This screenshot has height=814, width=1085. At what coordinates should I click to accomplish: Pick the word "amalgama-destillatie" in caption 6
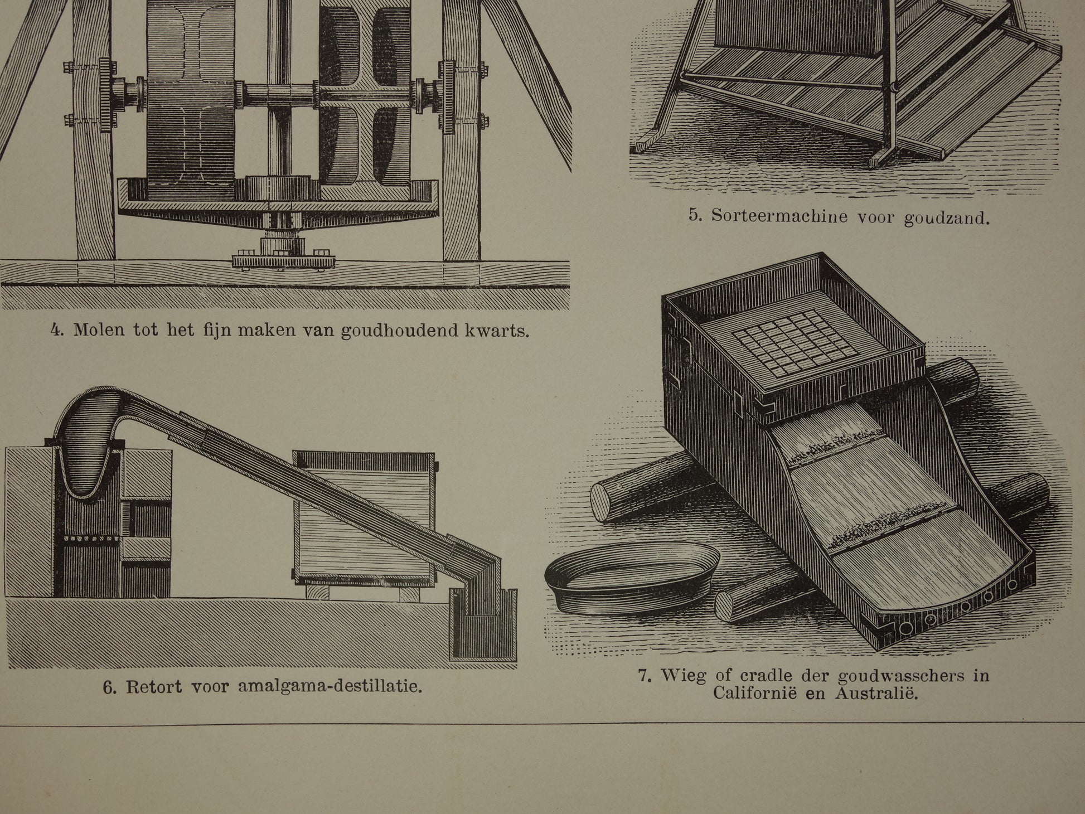point(330,685)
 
